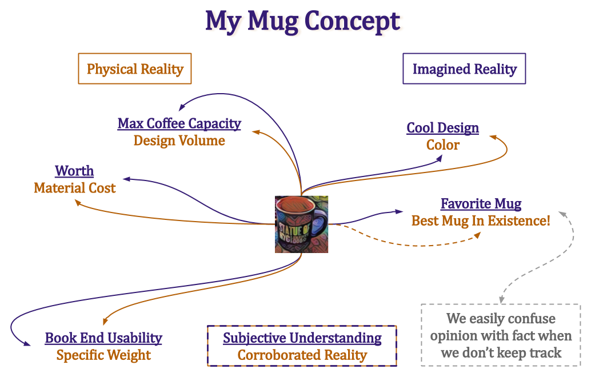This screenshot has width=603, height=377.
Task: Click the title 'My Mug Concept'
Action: click(x=304, y=21)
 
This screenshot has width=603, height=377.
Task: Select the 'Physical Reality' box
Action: click(x=135, y=69)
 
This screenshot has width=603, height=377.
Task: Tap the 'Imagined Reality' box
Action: click(x=464, y=69)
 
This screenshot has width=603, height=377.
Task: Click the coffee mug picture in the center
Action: click(x=301, y=224)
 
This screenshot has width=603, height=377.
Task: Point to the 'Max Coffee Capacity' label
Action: click(x=179, y=123)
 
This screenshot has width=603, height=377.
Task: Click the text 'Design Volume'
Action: click(x=179, y=141)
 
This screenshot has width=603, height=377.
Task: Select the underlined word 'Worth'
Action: click(x=74, y=171)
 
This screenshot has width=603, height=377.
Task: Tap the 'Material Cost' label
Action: click(x=75, y=188)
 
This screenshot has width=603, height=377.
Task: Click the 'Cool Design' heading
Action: click(x=442, y=128)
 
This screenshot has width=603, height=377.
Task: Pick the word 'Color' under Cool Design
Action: click(x=442, y=145)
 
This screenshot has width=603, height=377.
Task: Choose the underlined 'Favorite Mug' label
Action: click(x=481, y=204)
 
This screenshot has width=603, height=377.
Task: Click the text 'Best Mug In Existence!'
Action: click(x=481, y=220)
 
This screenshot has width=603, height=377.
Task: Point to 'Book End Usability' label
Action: click(x=103, y=338)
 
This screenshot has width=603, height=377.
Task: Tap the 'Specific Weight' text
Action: click(x=103, y=355)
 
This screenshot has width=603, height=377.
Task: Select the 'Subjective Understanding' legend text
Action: click(x=302, y=338)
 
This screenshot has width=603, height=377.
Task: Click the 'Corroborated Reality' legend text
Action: click(x=302, y=355)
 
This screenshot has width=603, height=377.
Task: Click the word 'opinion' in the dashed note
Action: click(x=452, y=335)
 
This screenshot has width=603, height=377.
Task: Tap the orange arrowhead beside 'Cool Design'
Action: click(x=491, y=137)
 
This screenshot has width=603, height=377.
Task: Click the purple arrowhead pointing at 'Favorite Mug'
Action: click(x=400, y=212)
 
